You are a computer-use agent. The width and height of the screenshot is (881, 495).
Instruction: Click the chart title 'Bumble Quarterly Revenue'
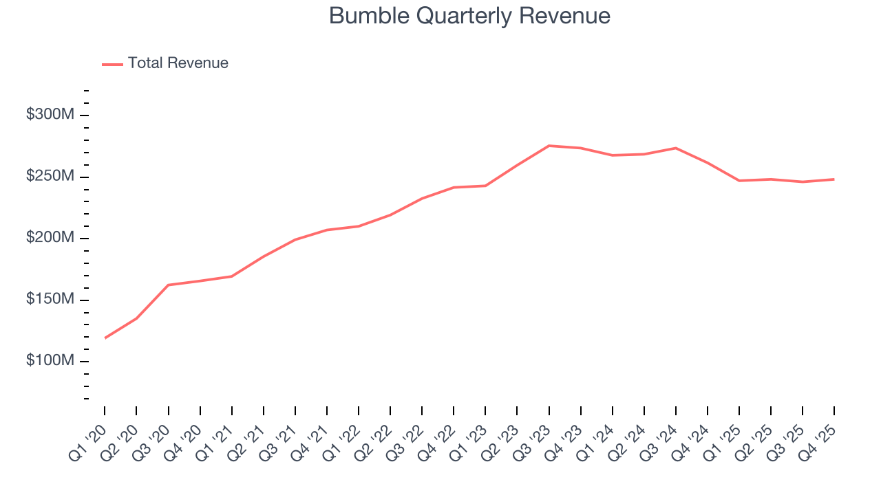(x=469, y=16)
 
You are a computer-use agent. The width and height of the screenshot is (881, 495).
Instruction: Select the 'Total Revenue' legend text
(x=178, y=63)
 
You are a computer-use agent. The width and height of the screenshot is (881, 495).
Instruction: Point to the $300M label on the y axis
(x=50, y=115)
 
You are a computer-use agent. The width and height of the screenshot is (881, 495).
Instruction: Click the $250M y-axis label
(x=50, y=177)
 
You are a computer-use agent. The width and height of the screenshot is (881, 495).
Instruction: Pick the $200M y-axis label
(x=50, y=238)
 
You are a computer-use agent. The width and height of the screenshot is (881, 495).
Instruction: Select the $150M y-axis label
(x=50, y=300)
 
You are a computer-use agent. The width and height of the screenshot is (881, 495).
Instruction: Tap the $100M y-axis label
(x=50, y=361)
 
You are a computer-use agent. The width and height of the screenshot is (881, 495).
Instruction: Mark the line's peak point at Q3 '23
(x=549, y=146)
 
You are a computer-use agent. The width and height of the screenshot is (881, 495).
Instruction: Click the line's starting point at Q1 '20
(x=105, y=338)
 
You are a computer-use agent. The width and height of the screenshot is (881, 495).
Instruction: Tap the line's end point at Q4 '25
(x=834, y=179)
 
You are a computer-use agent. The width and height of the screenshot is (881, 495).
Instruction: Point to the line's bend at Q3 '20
(x=169, y=285)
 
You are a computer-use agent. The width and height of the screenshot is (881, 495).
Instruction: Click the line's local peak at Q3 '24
(x=676, y=148)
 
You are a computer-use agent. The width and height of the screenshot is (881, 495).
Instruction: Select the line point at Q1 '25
(x=739, y=181)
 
